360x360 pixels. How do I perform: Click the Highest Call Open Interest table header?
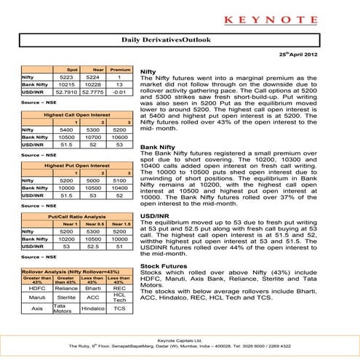point(76,116)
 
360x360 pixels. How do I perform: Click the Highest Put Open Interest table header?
point(76,166)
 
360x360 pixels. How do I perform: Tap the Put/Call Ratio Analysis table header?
point(76,216)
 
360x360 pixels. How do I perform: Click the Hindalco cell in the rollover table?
point(92,308)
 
